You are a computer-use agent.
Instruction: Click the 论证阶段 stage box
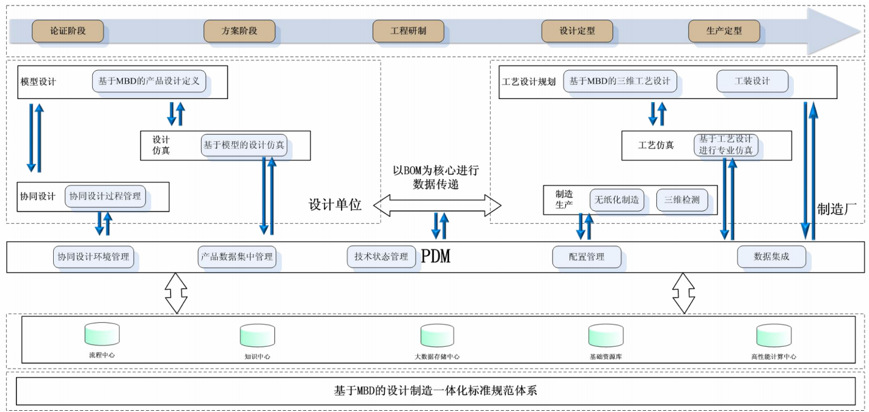[x=68, y=31]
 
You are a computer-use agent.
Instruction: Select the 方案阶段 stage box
[x=240, y=31]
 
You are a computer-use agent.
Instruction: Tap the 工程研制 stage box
[x=408, y=31]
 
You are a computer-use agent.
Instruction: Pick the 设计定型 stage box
[x=577, y=31]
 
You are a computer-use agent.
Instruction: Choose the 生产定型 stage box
[x=724, y=31]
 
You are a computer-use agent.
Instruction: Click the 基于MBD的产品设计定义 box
[x=149, y=81]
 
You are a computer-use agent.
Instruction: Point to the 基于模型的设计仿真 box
[x=244, y=145]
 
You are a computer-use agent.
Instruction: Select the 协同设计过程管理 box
[x=105, y=196]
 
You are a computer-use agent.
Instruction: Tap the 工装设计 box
[x=752, y=81]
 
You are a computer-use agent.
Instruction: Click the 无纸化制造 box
[x=617, y=199]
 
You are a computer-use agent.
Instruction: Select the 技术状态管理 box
[x=381, y=257]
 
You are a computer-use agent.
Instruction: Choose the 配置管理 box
[x=587, y=257]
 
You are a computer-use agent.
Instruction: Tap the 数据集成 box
[x=771, y=257]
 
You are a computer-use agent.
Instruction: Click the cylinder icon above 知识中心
[x=257, y=336]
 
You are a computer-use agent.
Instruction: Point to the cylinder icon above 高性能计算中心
[x=773, y=336]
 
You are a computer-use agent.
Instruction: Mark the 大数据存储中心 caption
[x=437, y=356]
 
